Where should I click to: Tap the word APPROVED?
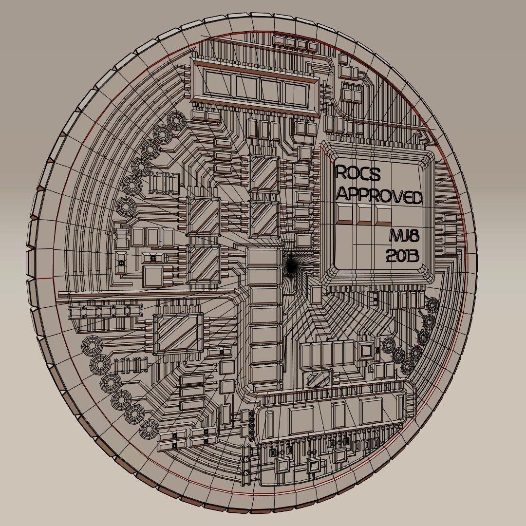[379, 196]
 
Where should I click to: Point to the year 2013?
[402, 255]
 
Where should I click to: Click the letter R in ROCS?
[341, 172]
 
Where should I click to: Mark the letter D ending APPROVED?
[415, 197]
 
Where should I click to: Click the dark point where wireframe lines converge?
[291, 265]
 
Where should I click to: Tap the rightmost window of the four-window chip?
[296, 91]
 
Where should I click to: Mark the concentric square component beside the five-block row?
[366, 351]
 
